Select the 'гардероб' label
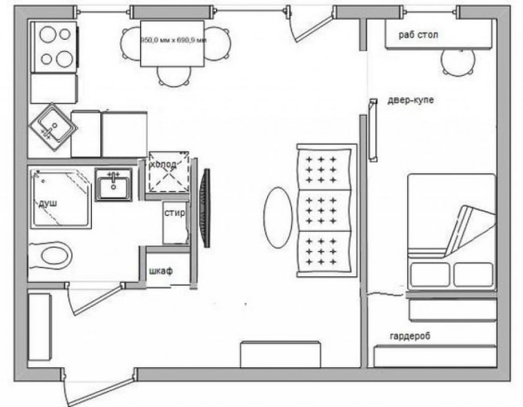409,336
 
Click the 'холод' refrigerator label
163,165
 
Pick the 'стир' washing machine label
175,213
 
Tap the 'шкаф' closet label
160,271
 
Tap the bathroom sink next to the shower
114,184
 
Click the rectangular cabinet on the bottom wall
281,354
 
